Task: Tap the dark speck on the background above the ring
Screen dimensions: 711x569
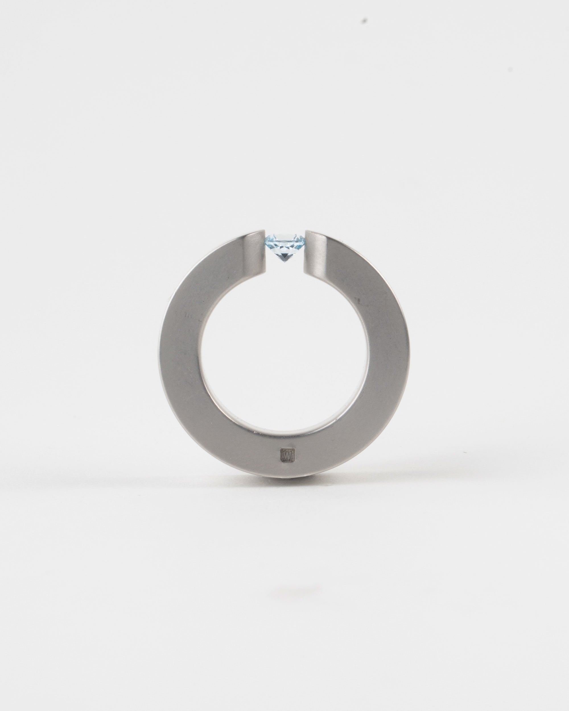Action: (x=364, y=20)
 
